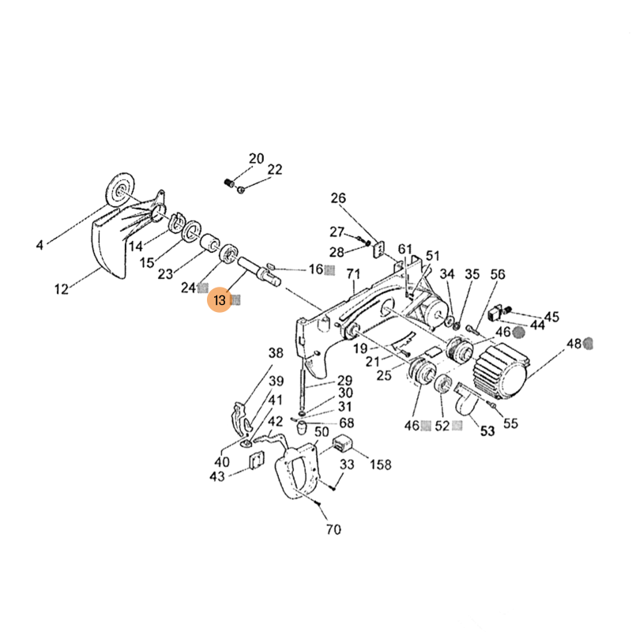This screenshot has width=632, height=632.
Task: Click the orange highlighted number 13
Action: [220, 300]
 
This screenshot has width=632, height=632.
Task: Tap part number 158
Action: [381, 465]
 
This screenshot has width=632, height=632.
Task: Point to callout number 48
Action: [574, 344]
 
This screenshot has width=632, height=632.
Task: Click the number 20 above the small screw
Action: [256, 159]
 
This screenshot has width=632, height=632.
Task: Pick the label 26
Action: [338, 198]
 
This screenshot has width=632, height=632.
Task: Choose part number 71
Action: [352, 274]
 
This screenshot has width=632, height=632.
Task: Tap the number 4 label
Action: [39, 245]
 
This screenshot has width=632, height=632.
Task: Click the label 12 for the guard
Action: [62, 289]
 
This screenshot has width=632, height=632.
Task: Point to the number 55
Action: [510, 423]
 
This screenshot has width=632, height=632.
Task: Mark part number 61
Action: [405, 250]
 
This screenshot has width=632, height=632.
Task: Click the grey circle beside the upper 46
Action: [519, 333]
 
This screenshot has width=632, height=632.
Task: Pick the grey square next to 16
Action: [330, 269]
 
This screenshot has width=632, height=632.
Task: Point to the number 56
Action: [497, 274]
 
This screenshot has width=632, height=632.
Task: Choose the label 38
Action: [275, 353]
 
